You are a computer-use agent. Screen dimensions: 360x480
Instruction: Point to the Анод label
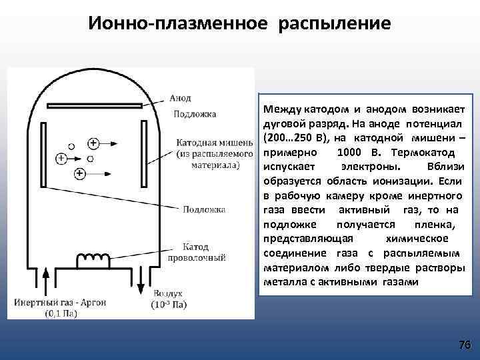[x=180, y=98]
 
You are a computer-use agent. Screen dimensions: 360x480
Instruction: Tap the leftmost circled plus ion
[x=61, y=158]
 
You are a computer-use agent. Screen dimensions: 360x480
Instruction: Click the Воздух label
[x=168, y=294]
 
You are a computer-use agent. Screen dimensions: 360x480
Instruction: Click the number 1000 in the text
[x=333, y=152]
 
